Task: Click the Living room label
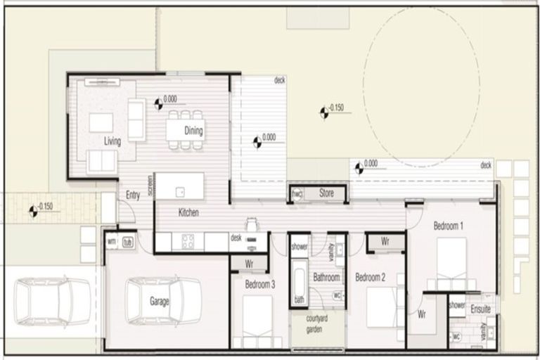pos(112,141)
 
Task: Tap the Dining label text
pos(193,131)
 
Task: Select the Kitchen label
pos(188,212)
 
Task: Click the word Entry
pos(133,195)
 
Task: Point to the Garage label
pos(159,302)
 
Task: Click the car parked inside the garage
pos(163,301)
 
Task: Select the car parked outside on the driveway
pos(53,301)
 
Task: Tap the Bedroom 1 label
pos(448,226)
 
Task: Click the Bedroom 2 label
pos(370,277)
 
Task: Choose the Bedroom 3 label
pos(260,285)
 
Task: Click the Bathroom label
pos(327,278)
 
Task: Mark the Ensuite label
pos(481,309)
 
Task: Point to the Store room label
pos(326,192)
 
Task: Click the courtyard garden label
pos(318,325)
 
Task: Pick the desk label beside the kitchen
pos(236,238)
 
